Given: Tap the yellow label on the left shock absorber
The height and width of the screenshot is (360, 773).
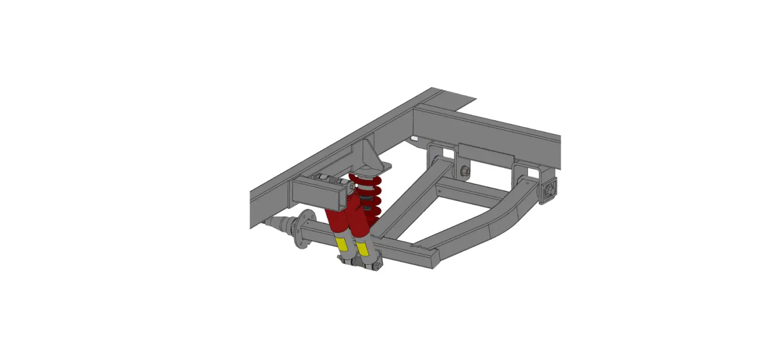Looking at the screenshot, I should coord(341,243).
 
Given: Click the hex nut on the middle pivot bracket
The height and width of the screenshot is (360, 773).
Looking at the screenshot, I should coord(465,172).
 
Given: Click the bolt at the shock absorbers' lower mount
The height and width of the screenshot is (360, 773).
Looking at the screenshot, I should coord(377,266).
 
